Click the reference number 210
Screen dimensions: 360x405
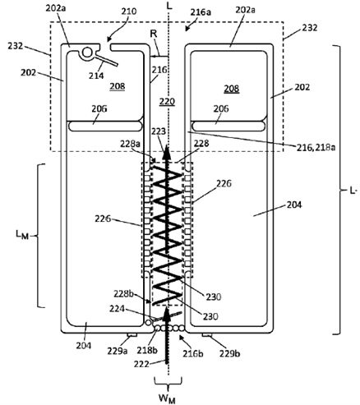pyautogui.click(x=129, y=12)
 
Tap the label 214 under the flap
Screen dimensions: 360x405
pyautogui.click(x=96, y=76)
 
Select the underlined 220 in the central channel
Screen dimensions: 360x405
pyautogui.click(x=167, y=102)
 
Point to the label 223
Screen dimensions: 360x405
pyautogui.click(x=159, y=131)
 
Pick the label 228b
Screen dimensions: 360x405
pyautogui.click(x=125, y=294)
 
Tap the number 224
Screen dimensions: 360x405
pyautogui.click(x=118, y=309)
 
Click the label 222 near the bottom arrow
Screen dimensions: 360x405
pyautogui.click(x=141, y=364)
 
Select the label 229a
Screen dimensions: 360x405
pyautogui.click(x=118, y=351)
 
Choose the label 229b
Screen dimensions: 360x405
pyautogui.click(x=229, y=353)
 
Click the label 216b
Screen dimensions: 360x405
pyautogui.click(x=192, y=353)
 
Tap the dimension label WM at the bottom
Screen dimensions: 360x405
pyautogui.click(x=167, y=398)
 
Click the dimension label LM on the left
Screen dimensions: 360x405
pyautogui.click(x=22, y=235)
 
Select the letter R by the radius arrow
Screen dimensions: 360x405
pyautogui.click(x=154, y=35)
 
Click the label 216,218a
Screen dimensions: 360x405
pyautogui.click(x=316, y=147)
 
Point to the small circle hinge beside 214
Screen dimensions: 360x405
pyautogui.click(x=87, y=52)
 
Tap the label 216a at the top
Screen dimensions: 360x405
pyautogui.click(x=201, y=12)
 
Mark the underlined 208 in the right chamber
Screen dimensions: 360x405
pyautogui.click(x=232, y=89)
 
